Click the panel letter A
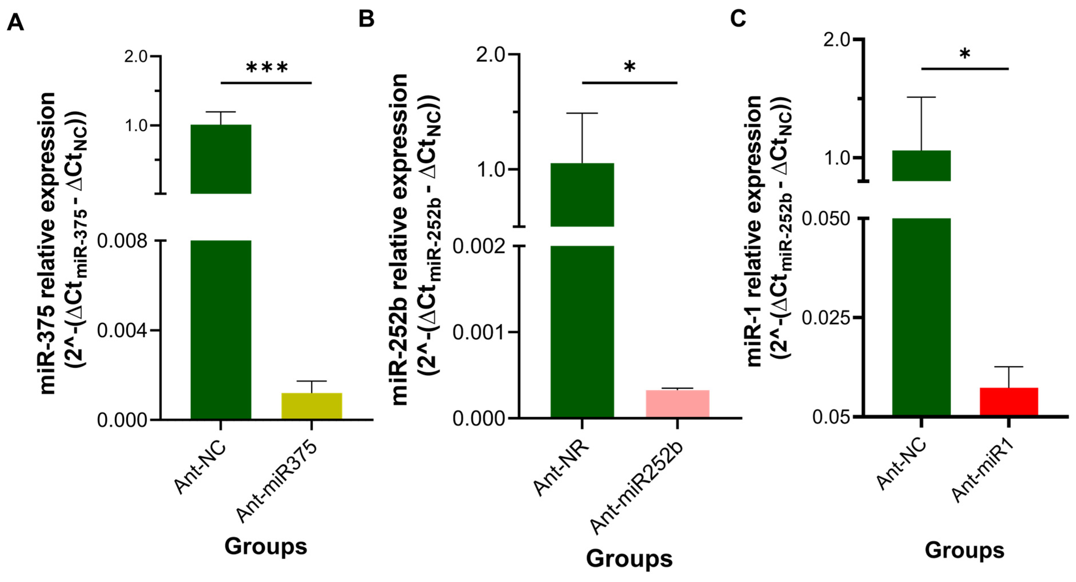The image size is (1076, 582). click(x=15, y=22)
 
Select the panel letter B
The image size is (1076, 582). click(x=366, y=19)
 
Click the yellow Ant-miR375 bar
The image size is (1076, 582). click(x=312, y=406)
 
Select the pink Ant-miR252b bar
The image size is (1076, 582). click(x=677, y=404)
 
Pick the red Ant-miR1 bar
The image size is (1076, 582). click(x=1008, y=402)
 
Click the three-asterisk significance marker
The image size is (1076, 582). click(x=267, y=68)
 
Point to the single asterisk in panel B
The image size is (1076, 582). click(x=629, y=67)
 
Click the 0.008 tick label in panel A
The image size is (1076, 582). click(x=122, y=241)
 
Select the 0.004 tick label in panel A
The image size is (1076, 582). click(x=122, y=331)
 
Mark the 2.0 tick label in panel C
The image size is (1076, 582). click(x=837, y=40)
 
